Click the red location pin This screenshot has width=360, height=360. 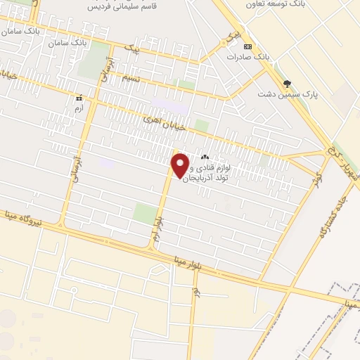pos(181,165)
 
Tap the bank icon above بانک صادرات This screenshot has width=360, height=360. pos(247,46)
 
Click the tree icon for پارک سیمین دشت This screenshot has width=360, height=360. pos(287,82)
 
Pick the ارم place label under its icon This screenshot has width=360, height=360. pos(79,109)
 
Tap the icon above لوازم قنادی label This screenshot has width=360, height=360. pos(205,157)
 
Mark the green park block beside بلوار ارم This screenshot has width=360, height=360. pos(145,213)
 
